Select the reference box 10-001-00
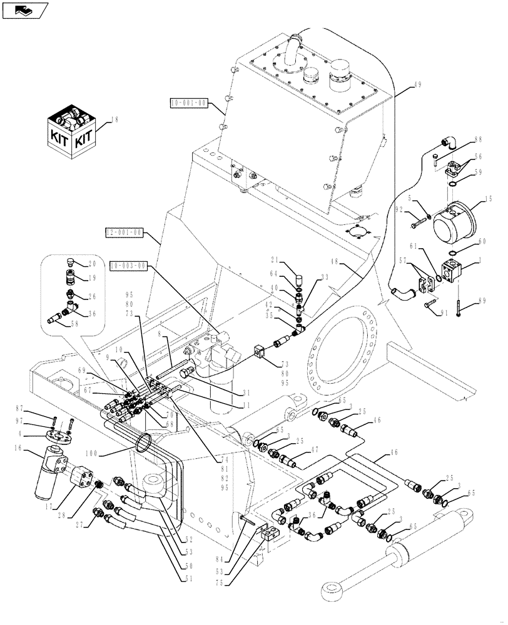(188, 103)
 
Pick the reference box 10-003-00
(129, 266)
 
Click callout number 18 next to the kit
(114, 119)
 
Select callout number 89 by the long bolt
(481, 301)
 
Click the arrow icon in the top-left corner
(25, 10)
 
